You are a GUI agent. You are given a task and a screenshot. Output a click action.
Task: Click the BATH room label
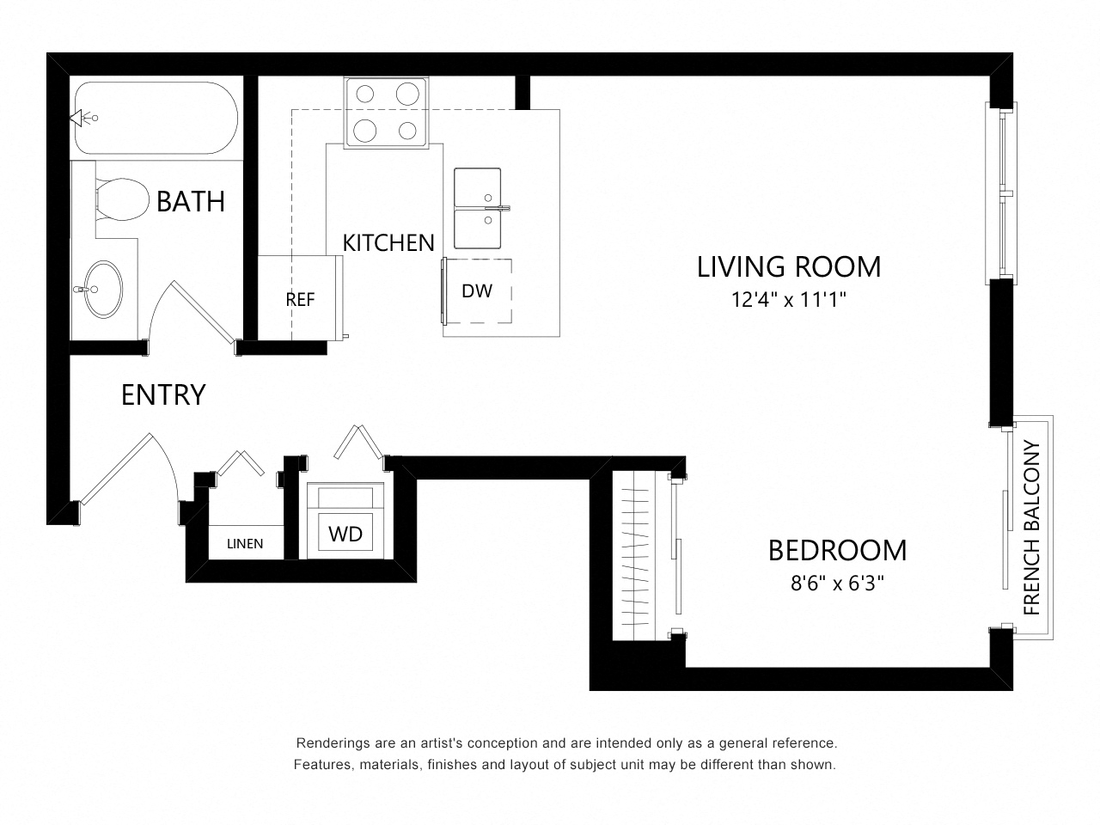(x=191, y=201)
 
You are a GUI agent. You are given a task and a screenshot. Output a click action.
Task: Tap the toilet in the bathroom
(x=122, y=199)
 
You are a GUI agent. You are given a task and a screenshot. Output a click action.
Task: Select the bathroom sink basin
(x=103, y=289)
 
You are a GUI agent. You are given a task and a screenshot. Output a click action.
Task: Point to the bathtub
(x=156, y=118)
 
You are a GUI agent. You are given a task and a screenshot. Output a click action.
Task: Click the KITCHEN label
(x=388, y=243)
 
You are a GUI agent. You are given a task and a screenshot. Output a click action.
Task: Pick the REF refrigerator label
(x=300, y=300)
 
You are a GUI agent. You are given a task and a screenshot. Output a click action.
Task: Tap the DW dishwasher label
(x=477, y=291)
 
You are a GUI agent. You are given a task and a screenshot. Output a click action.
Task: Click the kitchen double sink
(x=478, y=208)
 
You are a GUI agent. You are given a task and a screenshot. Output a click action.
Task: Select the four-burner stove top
(x=387, y=113)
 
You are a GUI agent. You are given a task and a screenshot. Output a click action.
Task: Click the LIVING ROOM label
(x=789, y=266)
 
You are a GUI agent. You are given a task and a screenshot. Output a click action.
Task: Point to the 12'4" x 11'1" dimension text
(x=789, y=300)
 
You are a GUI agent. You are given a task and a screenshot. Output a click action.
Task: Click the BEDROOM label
(x=837, y=551)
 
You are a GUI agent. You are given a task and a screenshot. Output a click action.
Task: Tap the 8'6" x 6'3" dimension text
(x=837, y=583)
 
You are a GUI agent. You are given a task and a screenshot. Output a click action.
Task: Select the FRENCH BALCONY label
(x=1032, y=528)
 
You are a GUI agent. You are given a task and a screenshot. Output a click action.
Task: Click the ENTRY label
(x=163, y=394)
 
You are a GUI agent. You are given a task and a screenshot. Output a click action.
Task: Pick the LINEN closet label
(x=245, y=543)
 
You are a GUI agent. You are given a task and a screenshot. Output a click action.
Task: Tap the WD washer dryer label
(x=345, y=534)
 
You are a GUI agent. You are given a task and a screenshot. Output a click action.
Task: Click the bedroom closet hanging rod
(x=634, y=556)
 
